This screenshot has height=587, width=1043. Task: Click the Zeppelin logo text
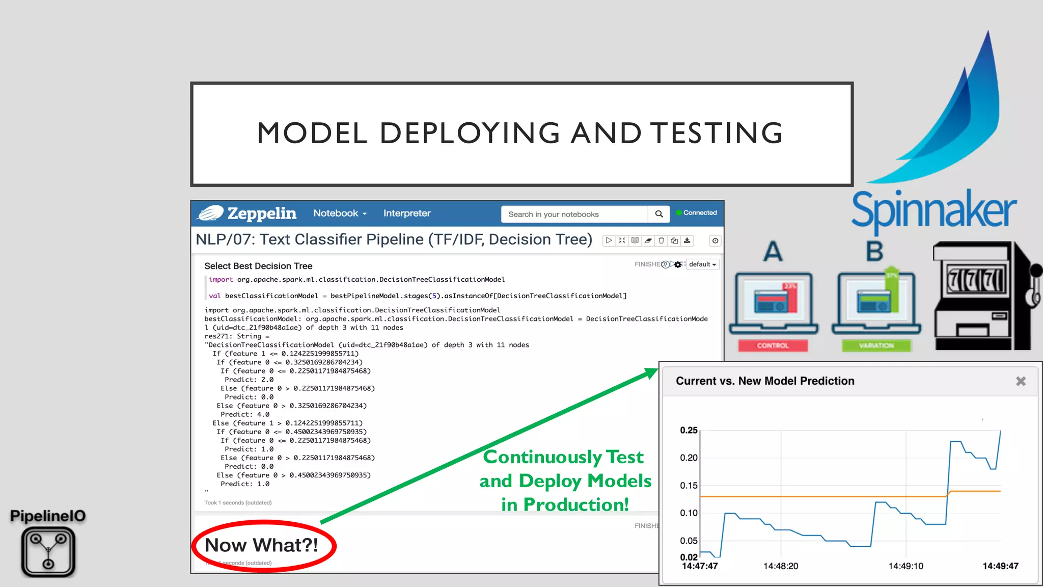click(261, 214)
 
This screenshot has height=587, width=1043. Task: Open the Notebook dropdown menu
click(340, 214)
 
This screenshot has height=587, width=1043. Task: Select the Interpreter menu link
click(406, 214)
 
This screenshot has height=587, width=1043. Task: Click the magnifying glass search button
click(658, 214)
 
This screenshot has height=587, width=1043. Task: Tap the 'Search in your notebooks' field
click(573, 214)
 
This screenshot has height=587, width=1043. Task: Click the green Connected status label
click(699, 213)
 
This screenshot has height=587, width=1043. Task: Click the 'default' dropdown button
click(702, 264)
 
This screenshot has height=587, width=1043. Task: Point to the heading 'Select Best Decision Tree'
click(258, 266)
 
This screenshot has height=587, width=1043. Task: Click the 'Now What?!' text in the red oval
click(261, 545)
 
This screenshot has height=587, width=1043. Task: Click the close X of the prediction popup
click(1021, 381)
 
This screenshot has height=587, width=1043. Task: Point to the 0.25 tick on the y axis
click(689, 431)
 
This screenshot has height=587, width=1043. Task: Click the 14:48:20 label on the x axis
click(780, 566)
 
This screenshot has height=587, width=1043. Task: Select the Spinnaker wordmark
click(934, 209)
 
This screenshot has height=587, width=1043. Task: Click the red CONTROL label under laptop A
click(773, 345)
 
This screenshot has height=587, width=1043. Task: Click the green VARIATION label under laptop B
click(876, 345)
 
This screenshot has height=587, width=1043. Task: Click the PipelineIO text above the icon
click(48, 516)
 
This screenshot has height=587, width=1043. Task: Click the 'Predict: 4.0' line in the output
click(244, 414)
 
